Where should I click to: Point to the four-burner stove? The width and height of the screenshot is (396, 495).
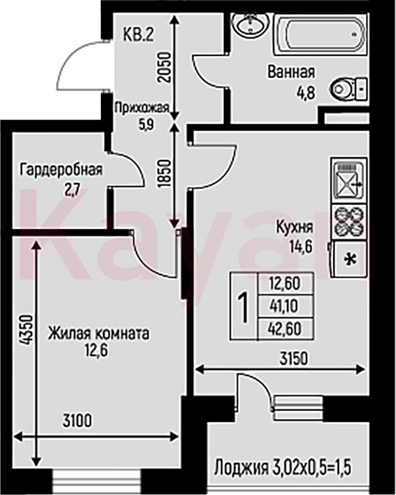coord(349,222)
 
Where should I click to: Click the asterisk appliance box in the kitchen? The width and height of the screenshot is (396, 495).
coord(349,259)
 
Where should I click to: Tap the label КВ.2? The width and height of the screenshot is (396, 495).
coord(138,34)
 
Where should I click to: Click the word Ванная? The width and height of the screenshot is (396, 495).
coord(291,72)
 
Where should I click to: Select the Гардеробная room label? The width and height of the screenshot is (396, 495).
coord(61,171)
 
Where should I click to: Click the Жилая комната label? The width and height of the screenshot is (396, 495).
coord(98,334)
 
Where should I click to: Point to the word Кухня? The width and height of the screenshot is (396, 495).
coord(295,228)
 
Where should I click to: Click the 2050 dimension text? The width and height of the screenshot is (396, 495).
coord(164,68)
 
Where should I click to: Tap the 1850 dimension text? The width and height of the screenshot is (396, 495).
coord(164,174)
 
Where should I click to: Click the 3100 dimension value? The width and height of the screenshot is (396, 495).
coord(77,421)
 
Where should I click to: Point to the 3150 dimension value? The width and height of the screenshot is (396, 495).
coord(293,358)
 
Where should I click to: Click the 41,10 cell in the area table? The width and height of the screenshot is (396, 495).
coord(285,306)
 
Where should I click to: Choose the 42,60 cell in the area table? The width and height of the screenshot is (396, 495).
coord(285,329)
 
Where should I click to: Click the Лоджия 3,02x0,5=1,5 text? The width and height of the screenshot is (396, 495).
coord(282,468)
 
